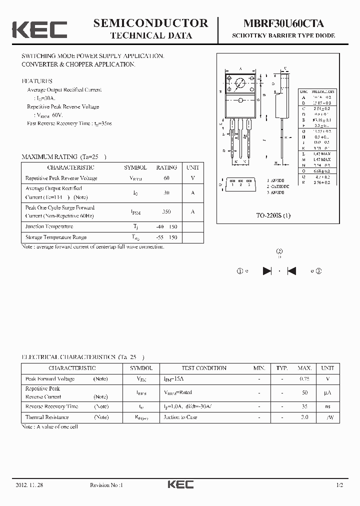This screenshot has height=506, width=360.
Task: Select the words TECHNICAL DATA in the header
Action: (150, 35)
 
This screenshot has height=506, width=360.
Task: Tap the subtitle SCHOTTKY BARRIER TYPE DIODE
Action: (283, 36)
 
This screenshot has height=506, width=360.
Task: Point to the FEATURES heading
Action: (36, 81)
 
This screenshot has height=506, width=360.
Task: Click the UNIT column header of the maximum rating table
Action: (192, 168)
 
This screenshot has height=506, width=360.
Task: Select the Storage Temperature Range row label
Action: (55, 237)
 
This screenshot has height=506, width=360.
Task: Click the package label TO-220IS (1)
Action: (273, 215)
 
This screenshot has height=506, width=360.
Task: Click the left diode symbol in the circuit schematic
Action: (267, 271)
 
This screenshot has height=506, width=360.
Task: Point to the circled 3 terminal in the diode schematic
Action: (318, 271)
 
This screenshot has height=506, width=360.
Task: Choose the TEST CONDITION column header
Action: (203, 368)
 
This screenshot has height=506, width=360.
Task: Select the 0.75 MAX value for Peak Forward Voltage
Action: (304, 379)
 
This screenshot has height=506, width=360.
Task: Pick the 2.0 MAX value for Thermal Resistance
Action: (304, 417)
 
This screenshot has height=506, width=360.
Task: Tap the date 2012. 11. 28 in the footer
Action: (29, 485)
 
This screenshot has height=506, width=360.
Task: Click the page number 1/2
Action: (339, 485)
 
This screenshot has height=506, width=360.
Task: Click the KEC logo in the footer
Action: (180, 484)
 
